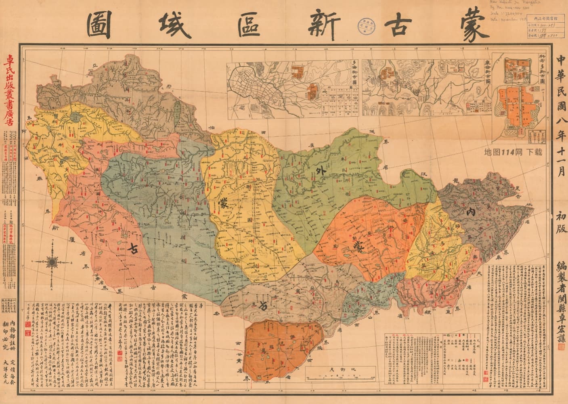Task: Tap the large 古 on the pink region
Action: click(x=133, y=249)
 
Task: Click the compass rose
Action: click(x=53, y=262)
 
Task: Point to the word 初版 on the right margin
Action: click(x=561, y=226)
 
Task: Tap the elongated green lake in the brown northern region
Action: click(x=177, y=106)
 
